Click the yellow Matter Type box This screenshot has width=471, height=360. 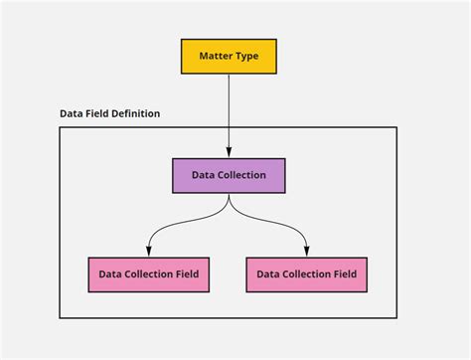tap(229, 57)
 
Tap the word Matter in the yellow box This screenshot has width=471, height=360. tap(215, 57)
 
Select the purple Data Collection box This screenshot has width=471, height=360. tap(229, 175)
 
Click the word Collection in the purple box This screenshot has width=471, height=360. tap(241, 175)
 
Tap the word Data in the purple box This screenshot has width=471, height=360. tap(204, 175)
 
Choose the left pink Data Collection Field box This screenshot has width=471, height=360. tap(148, 274)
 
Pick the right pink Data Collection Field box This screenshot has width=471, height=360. tap(307, 274)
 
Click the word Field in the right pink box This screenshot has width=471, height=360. tap(344, 274)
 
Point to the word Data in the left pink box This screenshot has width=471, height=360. tap(109, 274)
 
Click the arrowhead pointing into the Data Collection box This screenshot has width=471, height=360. tap(229, 154)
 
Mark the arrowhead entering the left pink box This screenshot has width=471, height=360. tap(148, 253)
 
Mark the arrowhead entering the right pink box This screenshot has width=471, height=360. tap(307, 253)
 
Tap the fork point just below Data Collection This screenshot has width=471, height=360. tap(229, 199)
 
